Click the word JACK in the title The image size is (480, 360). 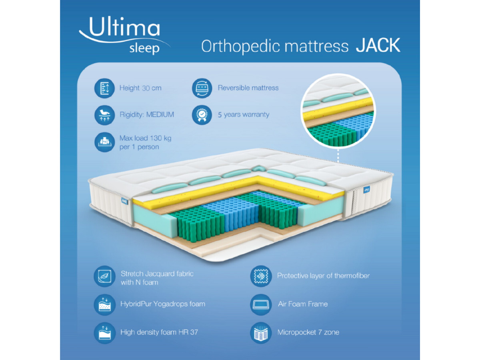(378, 45)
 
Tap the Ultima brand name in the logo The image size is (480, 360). (124, 27)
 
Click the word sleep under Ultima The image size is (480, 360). (144, 48)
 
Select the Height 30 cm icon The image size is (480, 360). (104, 88)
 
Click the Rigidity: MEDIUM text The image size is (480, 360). (147, 114)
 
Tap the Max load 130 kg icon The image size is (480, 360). (104, 142)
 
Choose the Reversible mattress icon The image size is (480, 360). (202, 88)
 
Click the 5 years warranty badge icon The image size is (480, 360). (202, 115)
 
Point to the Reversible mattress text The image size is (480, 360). (248, 88)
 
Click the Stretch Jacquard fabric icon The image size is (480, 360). (104, 276)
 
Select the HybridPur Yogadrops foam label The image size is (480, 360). (163, 304)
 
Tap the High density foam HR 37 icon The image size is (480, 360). (104, 333)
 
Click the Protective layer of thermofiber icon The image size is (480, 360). (261, 276)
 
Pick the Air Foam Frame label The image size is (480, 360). (303, 304)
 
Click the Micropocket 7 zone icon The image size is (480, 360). (261, 333)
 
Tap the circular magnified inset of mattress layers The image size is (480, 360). (338, 111)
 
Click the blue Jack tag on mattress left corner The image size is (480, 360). (124, 201)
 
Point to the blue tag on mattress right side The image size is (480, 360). (367, 190)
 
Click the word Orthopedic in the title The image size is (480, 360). (240, 46)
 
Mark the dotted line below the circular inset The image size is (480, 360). (338, 156)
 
